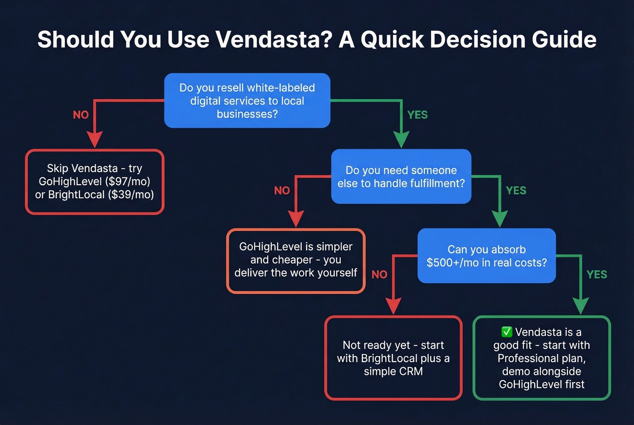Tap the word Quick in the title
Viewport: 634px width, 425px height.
point(393,39)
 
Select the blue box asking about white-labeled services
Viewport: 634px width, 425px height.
point(247,100)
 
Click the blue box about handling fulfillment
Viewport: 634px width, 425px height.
point(401,177)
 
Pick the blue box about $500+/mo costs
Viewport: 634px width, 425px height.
point(486,256)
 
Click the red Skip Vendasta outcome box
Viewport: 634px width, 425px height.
point(94,181)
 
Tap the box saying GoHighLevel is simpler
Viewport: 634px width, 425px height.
point(296,260)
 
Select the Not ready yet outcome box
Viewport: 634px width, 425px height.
point(393,358)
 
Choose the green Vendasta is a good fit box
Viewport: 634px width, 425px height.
point(542,358)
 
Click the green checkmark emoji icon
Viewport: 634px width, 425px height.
point(507,332)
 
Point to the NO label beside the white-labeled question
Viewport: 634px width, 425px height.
point(81,115)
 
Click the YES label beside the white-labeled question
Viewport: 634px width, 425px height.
point(417,115)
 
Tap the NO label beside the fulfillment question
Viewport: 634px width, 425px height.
point(282,191)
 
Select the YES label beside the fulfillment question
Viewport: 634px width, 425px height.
point(516,191)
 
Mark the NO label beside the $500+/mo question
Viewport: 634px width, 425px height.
point(379,274)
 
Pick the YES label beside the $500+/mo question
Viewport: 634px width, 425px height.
point(596,274)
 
